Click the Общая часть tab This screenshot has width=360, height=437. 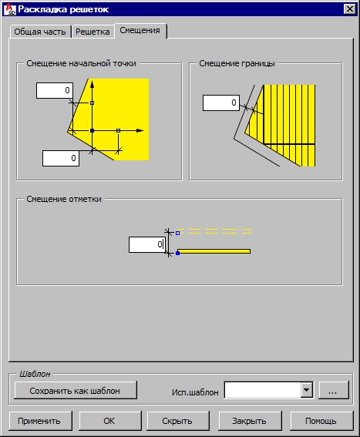click(40, 32)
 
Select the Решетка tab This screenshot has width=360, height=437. click(93, 32)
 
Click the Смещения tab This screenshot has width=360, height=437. click(140, 30)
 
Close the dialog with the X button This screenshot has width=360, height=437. click(350, 9)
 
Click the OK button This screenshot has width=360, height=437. click(110, 421)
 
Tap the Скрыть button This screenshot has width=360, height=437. click(178, 421)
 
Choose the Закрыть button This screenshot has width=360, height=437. click(250, 421)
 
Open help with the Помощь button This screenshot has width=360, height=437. click(321, 421)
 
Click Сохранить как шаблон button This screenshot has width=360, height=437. click(76, 391)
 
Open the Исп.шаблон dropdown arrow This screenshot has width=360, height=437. click(307, 390)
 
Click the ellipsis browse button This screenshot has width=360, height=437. click(334, 390)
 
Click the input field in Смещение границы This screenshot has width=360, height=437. click(220, 103)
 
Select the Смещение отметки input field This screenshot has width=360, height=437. click(147, 244)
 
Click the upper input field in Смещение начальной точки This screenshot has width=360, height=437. click(55, 90)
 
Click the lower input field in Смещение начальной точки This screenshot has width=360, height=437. click(61, 158)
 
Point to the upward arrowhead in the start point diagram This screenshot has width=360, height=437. click(92, 84)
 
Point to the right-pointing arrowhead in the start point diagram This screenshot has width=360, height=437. click(140, 130)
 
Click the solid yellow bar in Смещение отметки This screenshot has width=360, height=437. click(214, 251)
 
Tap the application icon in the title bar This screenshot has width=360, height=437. click(11, 9)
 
